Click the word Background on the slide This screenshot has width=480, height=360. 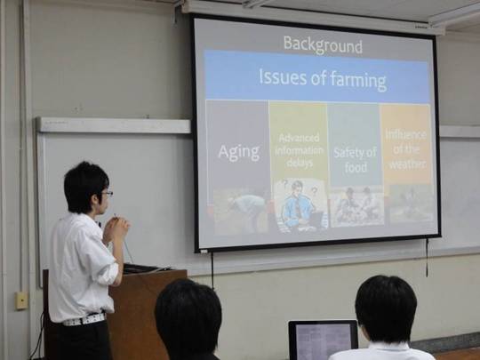tap(323, 45)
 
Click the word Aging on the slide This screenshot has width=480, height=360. tap(239, 152)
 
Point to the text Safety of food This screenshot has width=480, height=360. tap(355, 159)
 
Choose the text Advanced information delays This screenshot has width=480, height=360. tap(300, 150)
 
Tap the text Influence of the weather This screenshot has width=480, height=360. tap(406, 149)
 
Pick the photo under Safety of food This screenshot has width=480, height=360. tap(356, 206)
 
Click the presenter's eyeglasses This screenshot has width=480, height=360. tap(108, 194)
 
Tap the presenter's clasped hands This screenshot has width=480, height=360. tap(117, 228)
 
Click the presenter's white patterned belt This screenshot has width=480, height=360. tap(84, 319)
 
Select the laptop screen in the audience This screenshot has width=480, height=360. tap(323, 340)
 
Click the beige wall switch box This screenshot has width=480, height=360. tap(21, 300)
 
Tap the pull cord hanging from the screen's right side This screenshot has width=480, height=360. tap(427, 257)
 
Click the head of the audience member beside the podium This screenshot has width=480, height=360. tap(188, 319)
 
